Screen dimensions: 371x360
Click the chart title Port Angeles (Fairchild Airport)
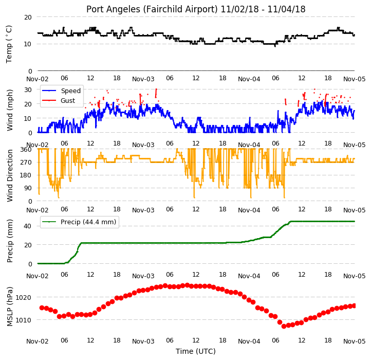[x=152, y=9]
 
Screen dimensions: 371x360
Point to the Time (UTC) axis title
[x=196, y=351]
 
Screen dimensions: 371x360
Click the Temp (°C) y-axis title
[x=9, y=44]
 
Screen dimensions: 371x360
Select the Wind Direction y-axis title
[x=9, y=175]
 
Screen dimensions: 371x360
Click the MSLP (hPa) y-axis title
[x=9, y=307]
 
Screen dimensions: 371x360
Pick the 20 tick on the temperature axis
[x=28, y=17]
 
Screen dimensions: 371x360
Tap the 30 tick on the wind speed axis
[x=28, y=90]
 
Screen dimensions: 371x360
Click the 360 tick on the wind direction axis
[x=26, y=150]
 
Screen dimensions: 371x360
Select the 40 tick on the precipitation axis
[x=28, y=226]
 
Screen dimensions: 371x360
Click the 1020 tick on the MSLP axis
[x=23, y=297]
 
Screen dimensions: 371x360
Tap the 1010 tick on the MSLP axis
[x=23, y=320]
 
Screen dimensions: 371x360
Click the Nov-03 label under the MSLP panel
[x=143, y=341]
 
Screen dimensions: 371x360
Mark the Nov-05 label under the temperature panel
[x=355, y=79]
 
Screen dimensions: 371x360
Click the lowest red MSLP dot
[x=284, y=326]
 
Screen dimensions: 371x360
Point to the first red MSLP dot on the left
[x=42, y=308]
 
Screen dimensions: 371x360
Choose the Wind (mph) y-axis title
[x=9, y=110]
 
